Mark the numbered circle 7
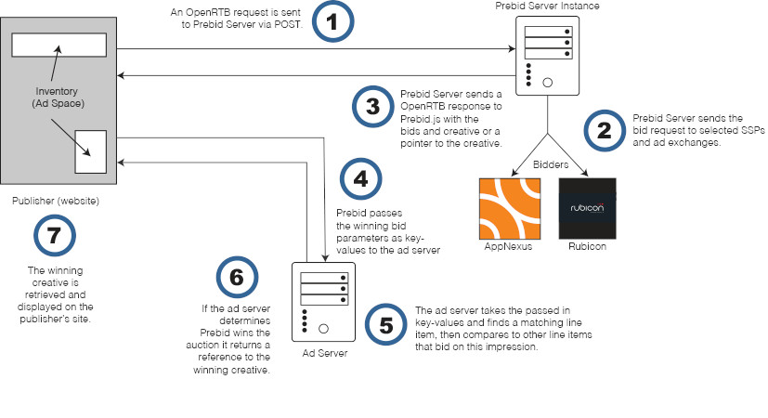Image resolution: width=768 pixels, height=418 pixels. (x=54, y=236)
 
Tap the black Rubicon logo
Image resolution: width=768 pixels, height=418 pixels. (x=588, y=208)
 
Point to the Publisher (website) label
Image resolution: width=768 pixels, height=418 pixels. (x=56, y=201)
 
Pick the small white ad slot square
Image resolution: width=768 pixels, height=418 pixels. (x=90, y=151)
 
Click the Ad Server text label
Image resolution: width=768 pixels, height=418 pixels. (x=324, y=354)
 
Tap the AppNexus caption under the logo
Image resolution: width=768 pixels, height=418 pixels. (x=509, y=248)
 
